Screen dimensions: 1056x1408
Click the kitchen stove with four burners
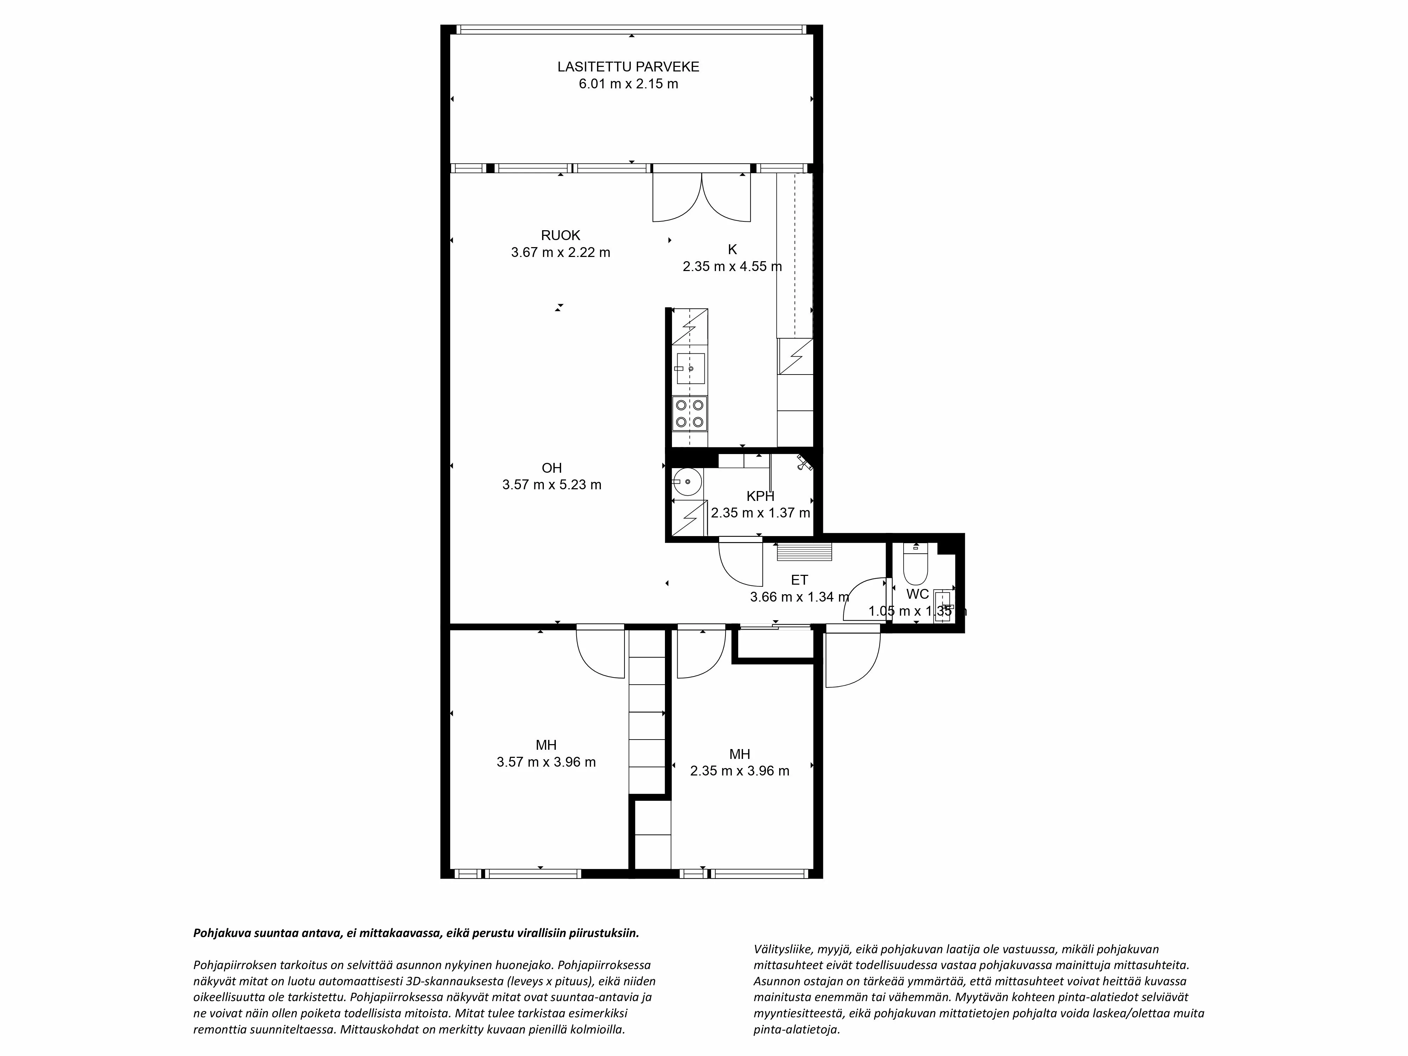pyautogui.click(x=689, y=413)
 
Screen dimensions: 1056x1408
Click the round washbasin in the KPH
pyautogui.click(x=687, y=482)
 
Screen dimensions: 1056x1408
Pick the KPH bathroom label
pyautogui.click(x=760, y=496)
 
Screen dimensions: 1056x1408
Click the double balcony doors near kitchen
pyautogui.click(x=702, y=197)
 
